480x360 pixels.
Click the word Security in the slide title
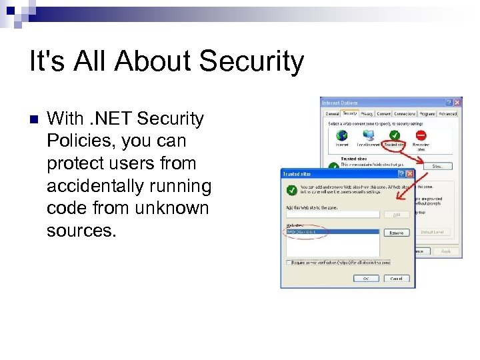[x=251, y=61]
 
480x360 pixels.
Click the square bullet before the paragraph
[x=34, y=120]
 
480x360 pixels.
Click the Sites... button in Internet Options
[x=437, y=166]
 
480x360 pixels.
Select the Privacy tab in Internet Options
[x=367, y=114]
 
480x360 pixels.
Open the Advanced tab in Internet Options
[x=448, y=114]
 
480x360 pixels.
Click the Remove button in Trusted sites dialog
[x=396, y=233]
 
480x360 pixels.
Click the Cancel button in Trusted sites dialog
[x=396, y=278]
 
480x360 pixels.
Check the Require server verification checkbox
[x=288, y=263]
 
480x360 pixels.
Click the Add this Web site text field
[x=332, y=214]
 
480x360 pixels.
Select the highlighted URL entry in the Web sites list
[x=304, y=232]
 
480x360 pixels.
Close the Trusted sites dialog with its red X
[x=410, y=174]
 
